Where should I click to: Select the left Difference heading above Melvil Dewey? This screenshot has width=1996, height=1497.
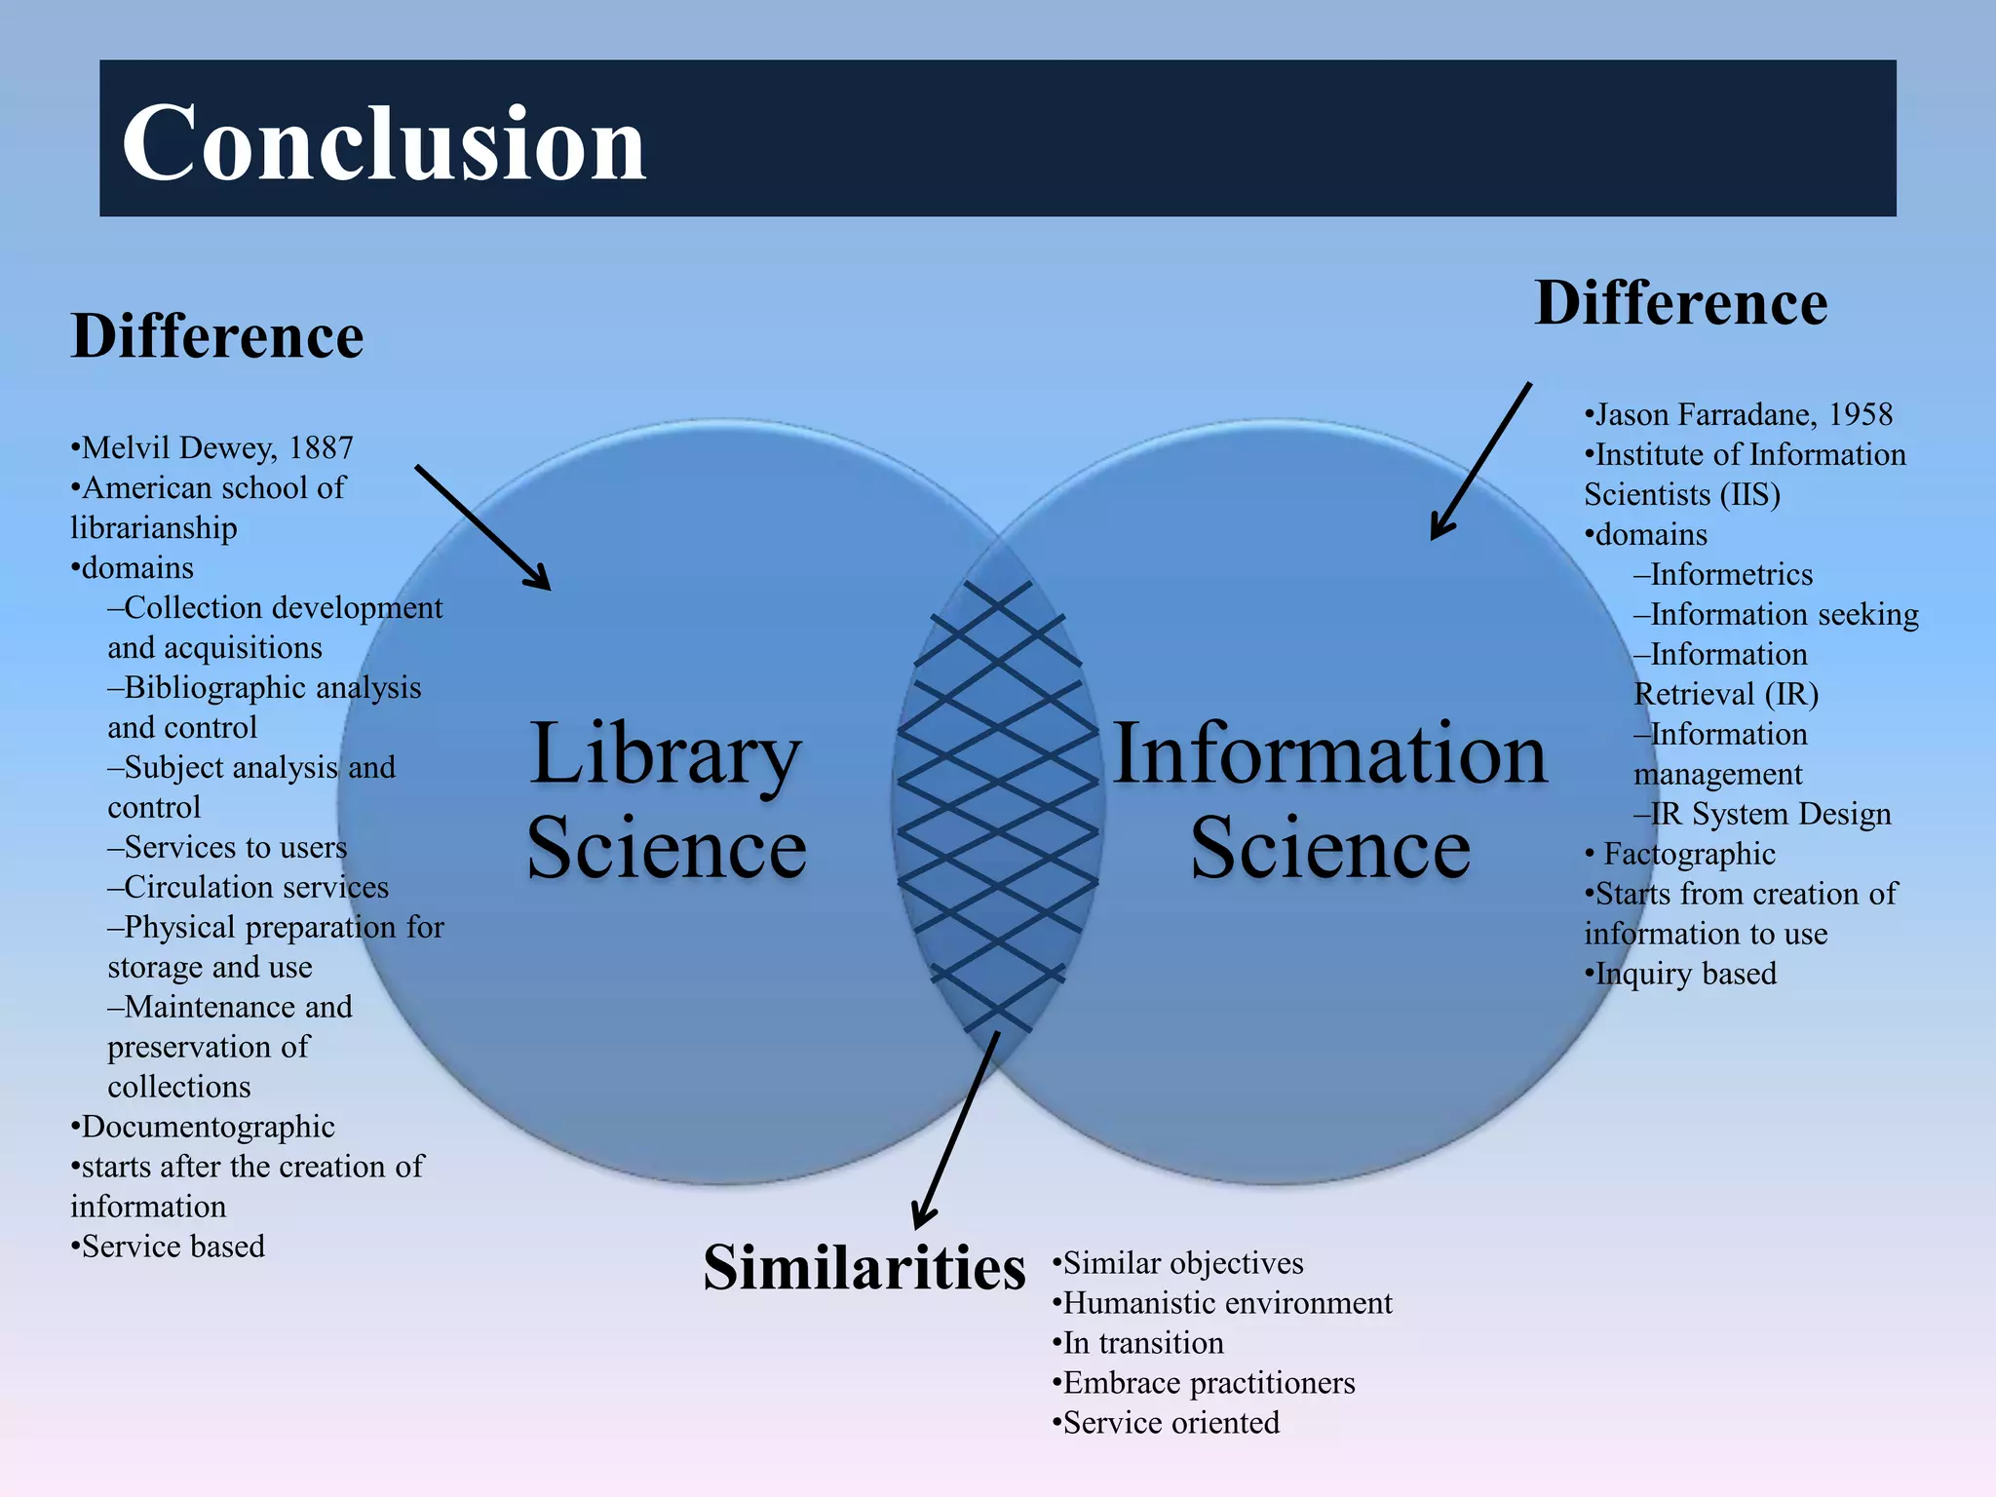tap(217, 336)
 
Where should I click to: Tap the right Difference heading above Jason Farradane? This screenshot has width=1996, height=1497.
tap(1680, 303)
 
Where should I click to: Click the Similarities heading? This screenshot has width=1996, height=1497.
tap(864, 1268)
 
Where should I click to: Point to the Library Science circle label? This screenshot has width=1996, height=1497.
tap(667, 799)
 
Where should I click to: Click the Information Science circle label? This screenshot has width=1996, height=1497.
tap(1329, 799)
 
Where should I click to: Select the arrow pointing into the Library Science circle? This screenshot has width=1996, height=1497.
tap(482, 527)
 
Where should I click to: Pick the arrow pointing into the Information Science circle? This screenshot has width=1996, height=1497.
tap(1480, 461)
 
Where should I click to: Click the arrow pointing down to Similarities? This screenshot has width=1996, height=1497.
tap(955, 1131)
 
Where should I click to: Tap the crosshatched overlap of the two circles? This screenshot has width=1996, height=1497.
tap(998, 809)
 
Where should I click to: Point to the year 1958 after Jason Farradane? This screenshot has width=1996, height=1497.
tap(1860, 415)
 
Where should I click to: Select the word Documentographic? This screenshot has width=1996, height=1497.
tap(208, 1127)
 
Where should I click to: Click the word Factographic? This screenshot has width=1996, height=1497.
tap(1689, 855)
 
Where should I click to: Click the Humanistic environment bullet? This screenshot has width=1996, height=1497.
tap(1226, 1303)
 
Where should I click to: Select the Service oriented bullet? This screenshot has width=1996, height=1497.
tap(1171, 1423)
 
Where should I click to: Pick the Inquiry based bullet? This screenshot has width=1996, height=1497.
tap(1684, 974)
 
